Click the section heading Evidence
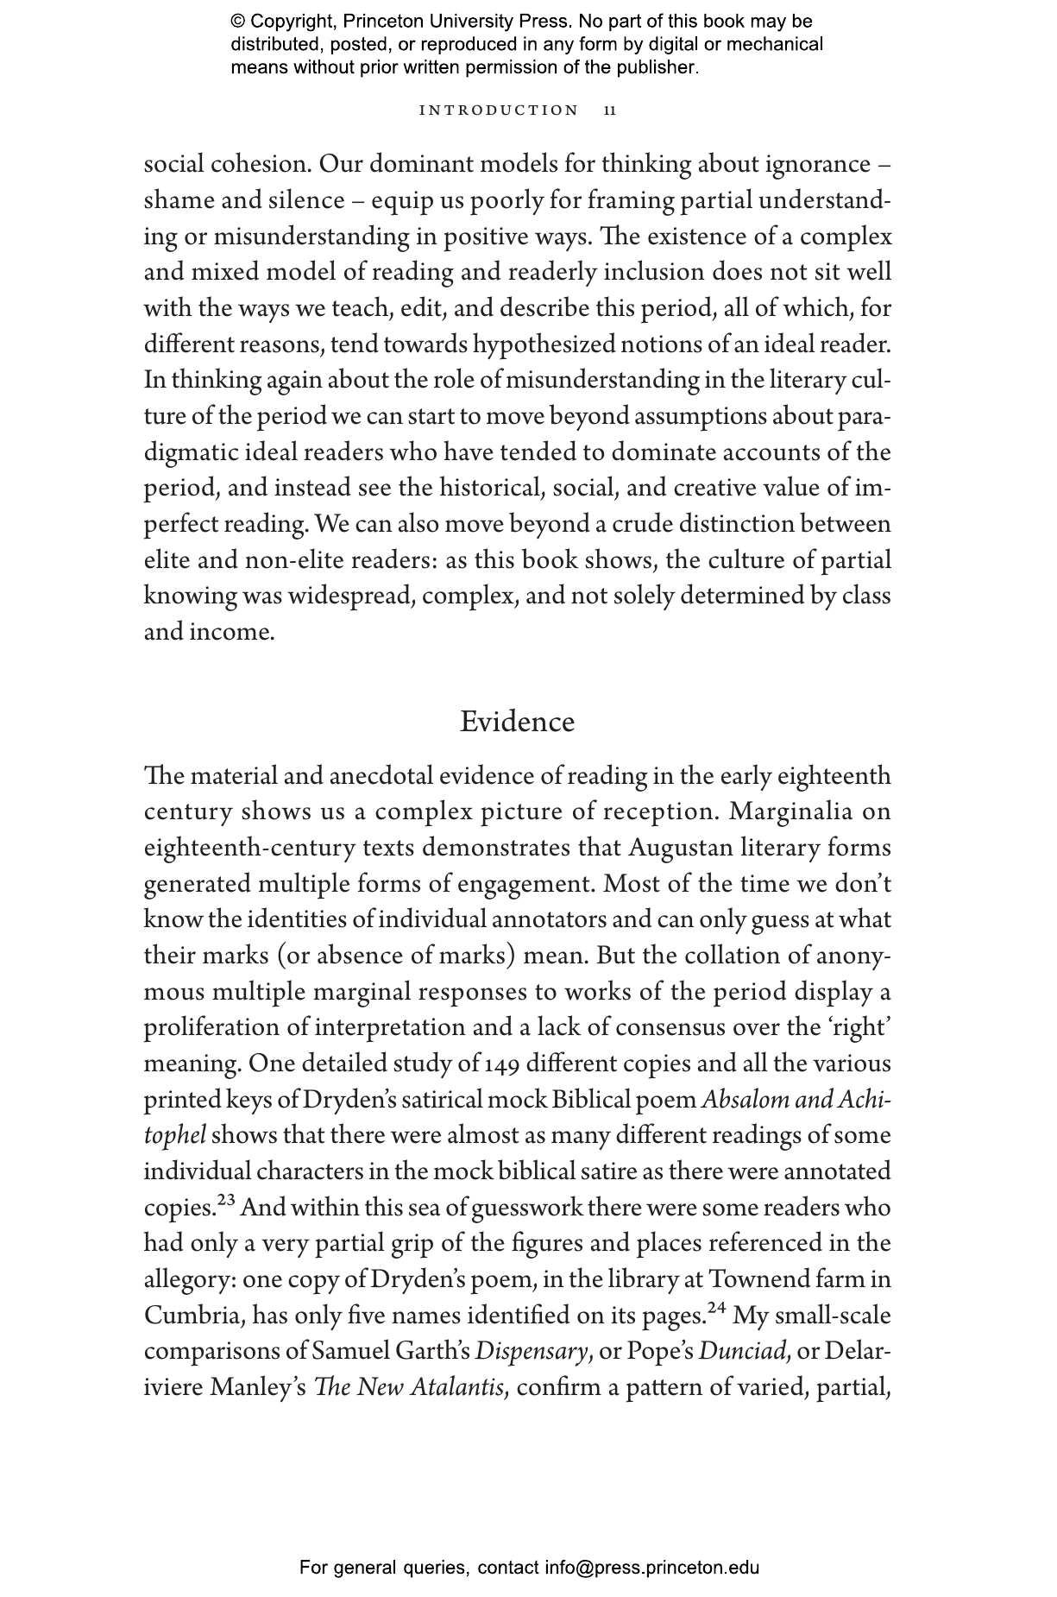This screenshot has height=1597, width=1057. (x=517, y=722)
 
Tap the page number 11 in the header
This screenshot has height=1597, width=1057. (x=610, y=110)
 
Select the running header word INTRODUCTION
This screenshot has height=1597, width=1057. (x=499, y=110)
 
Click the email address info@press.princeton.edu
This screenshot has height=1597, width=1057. (x=651, y=1568)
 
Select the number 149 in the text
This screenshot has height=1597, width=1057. (x=503, y=1064)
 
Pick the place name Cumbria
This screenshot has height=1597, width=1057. (x=193, y=1316)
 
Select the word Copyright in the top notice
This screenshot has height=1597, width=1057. (x=289, y=22)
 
